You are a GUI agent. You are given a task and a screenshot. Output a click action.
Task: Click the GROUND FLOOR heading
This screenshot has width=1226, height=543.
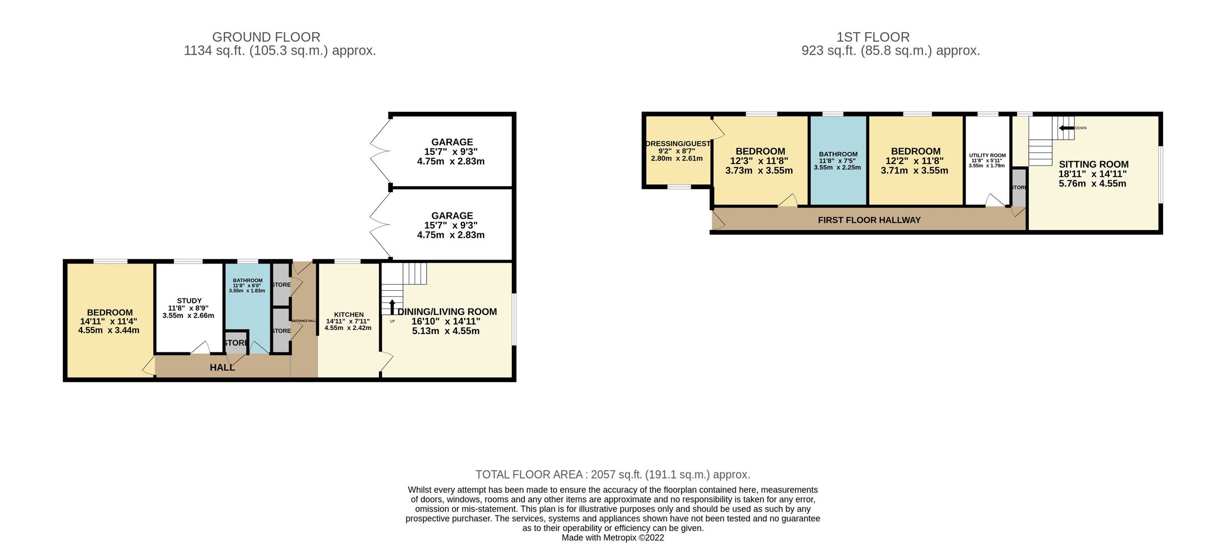(x=266, y=37)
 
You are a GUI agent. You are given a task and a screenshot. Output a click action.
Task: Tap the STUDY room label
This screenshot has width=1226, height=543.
(x=189, y=301)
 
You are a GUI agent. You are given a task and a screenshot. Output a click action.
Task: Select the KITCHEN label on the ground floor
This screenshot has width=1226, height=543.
(x=349, y=315)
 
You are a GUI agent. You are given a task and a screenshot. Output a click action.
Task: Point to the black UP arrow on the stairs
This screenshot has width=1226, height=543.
(x=392, y=306)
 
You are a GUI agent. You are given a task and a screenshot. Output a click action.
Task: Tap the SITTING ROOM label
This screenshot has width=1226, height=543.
(x=1093, y=164)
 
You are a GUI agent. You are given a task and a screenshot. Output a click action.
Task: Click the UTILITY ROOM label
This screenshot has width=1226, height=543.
(x=987, y=155)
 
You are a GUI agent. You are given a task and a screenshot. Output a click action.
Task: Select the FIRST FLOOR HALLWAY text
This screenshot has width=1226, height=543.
(x=869, y=220)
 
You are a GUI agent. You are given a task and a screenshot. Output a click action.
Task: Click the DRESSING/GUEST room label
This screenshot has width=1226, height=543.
(x=677, y=144)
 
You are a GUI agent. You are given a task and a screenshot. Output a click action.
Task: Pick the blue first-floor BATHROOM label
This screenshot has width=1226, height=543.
(x=838, y=154)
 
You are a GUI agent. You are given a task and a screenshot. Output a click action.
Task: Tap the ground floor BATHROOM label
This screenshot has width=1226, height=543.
(x=248, y=280)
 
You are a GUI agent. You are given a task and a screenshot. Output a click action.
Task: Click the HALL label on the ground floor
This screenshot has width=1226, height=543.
(x=222, y=367)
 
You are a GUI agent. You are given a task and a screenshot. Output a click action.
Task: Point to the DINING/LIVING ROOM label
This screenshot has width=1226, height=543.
(x=447, y=312)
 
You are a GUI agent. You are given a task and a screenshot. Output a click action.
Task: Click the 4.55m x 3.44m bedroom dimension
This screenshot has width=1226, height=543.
(x=109, y=330)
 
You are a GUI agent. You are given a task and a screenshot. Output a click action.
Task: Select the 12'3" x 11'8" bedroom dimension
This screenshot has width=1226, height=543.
(x=759, y=161)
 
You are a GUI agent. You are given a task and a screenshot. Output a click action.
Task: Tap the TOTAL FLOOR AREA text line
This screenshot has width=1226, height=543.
(x=612, y=475)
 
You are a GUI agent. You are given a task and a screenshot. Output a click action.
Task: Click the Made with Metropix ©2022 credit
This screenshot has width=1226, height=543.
(x=612, y=537)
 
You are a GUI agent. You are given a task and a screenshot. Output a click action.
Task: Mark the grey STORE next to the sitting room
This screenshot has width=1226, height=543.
(x=1019, y=187)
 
